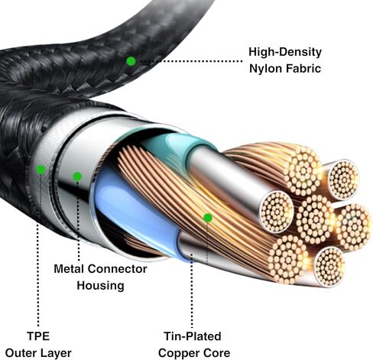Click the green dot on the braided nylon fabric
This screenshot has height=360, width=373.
click(x=131, y=61)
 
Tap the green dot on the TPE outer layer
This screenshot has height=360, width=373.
click(x=41, y=170)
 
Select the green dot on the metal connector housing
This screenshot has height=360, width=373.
click(x=77, y=177)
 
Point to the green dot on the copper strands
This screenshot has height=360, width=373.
click(x=208, y=218)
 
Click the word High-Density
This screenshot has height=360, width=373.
click(x=285, y=52)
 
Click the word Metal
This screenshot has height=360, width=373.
click(x=69, y=269)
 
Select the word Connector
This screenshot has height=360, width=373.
click(x=118, y=269)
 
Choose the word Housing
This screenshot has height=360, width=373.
click(x=100, y=286)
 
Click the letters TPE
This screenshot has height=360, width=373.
click(x=38, y=336)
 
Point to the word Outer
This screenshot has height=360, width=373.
click(x=21, y=353)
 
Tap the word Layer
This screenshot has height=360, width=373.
click(x=56, y=354)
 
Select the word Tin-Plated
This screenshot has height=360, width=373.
click(x=193, y=336)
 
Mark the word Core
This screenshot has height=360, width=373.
click(x=216, y=353)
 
